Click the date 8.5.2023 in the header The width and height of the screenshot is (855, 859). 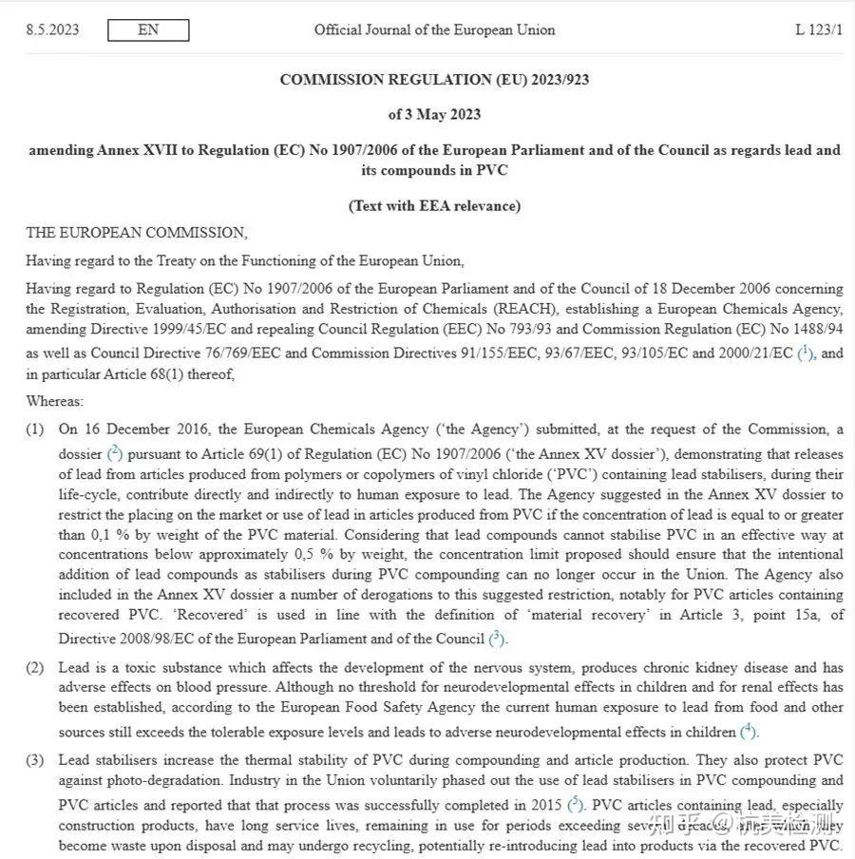pos(52,29)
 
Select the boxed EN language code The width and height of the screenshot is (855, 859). pos(148,30)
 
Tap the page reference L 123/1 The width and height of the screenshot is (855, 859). pos(818,29)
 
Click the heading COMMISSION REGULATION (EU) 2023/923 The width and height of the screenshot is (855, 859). pos(434,80)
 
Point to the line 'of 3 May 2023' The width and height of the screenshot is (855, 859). pos(434,115)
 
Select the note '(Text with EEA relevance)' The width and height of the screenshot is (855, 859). pos(434,205)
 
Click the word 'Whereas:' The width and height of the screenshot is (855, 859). pos(54,402)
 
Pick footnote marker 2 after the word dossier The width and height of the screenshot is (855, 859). pos(114,452)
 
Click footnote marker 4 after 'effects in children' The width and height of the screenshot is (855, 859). pos(749,731)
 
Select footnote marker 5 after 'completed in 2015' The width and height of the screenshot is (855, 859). pos(575,804)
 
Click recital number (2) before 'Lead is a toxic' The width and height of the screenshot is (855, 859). pos(35,668)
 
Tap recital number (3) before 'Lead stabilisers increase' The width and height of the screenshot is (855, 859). pos(35,760)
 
